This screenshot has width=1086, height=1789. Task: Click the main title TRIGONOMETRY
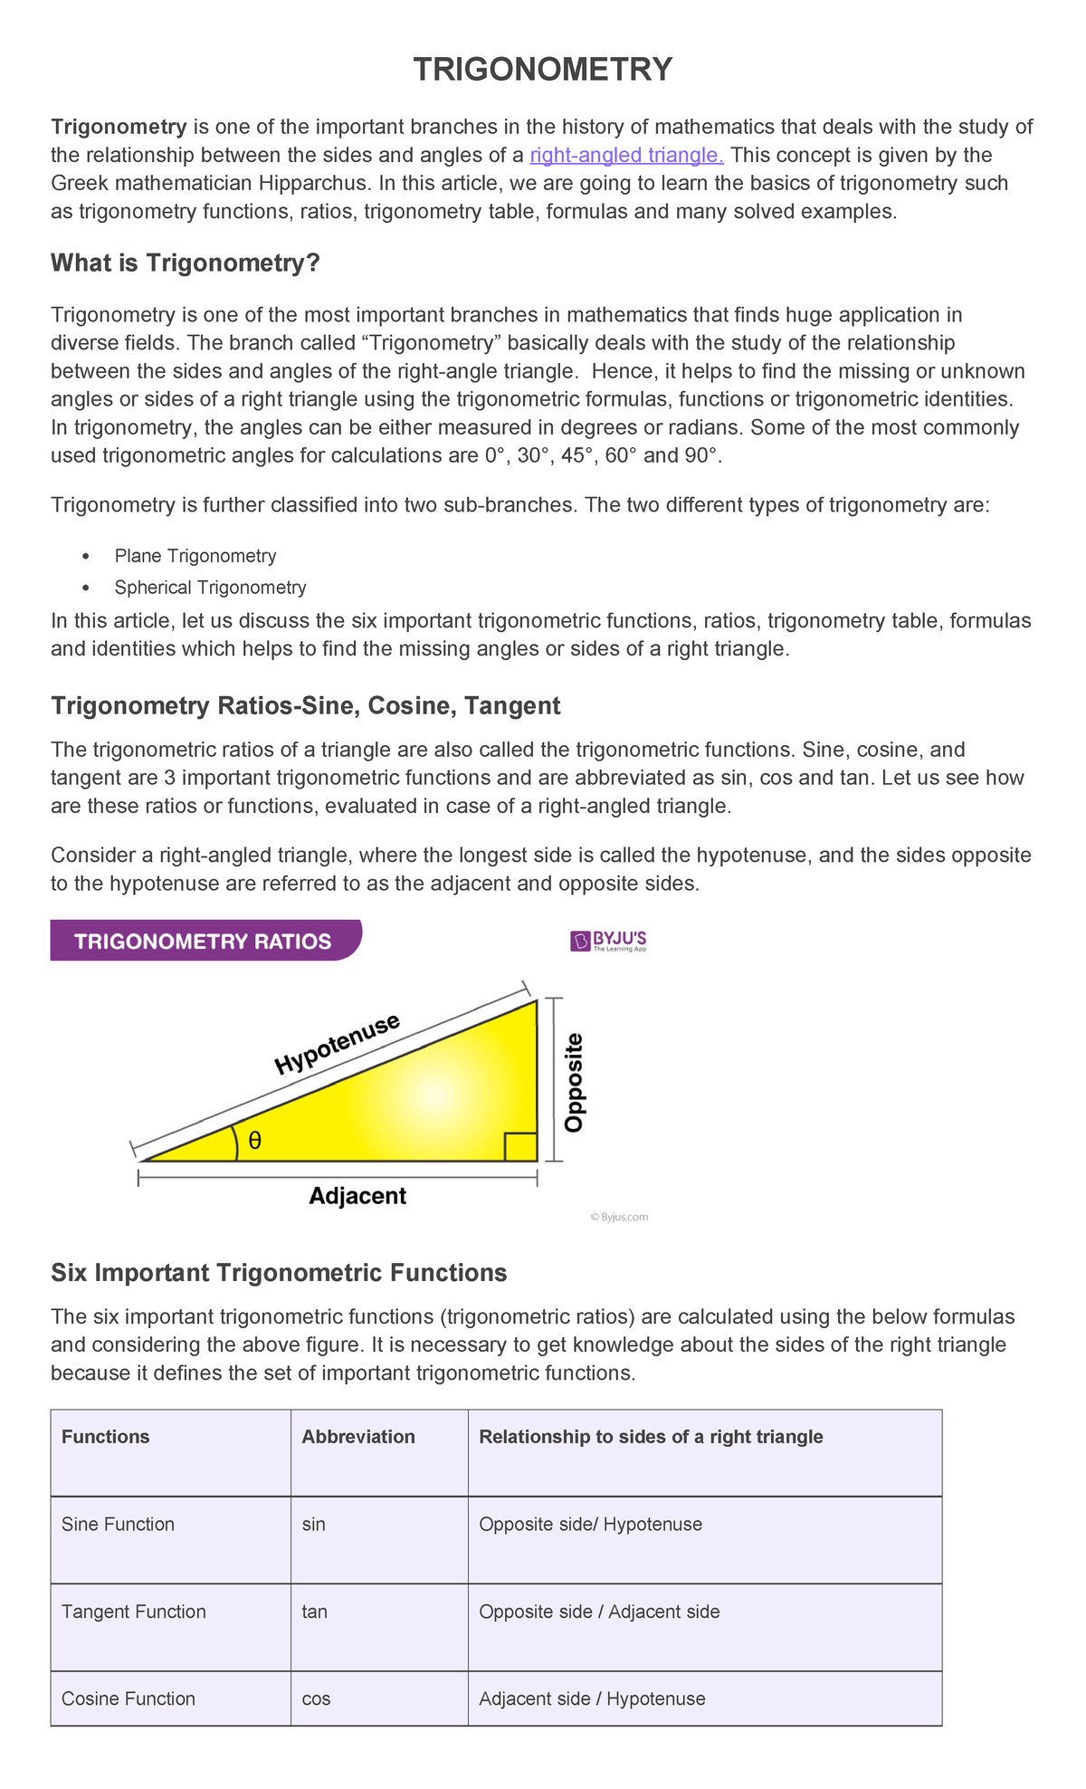542,70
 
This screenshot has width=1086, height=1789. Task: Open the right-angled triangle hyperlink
626,155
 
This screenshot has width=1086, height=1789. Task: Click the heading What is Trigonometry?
186,263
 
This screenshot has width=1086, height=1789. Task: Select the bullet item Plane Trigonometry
195,556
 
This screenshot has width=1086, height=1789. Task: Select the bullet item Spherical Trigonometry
210,588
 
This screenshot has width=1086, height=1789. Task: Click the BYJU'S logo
609,942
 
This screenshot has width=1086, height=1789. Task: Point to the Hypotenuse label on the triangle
337,1044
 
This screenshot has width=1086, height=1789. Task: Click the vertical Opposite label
574,1083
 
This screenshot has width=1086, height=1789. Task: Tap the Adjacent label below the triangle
357,1196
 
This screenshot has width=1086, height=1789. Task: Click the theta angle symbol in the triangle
254,1141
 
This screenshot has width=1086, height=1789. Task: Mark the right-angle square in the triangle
520,1146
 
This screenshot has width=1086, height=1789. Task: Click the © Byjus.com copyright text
620,1217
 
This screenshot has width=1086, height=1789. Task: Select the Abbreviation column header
357,1437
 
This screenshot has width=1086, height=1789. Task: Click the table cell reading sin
313,1525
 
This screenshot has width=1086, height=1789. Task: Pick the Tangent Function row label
134,1612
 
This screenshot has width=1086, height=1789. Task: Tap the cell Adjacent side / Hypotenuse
592,1698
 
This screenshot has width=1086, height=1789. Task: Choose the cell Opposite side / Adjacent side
599,1612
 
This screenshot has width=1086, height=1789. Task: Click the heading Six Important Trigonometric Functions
279,1273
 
